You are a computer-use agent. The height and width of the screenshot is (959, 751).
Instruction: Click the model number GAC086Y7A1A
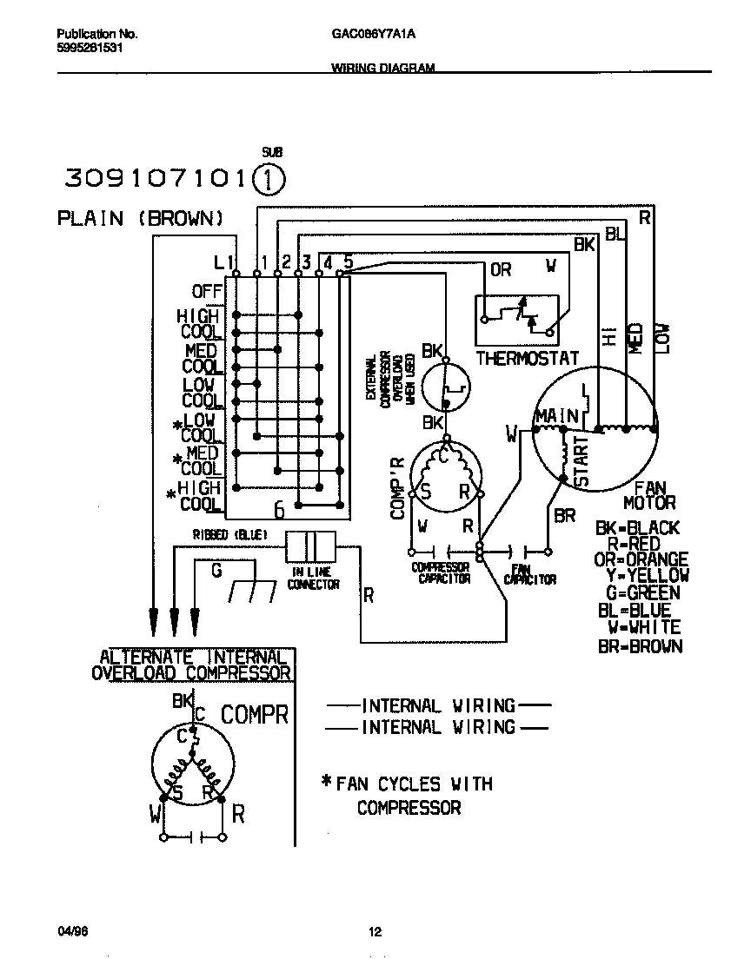pos(375,35)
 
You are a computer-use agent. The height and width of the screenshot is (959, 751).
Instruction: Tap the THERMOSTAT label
pos(527,358)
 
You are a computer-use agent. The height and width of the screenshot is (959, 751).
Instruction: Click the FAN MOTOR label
pos(648,495)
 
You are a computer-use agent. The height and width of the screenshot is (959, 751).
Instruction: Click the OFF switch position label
pos(207,291)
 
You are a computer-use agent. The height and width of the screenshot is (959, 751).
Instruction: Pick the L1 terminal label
pos(223,261)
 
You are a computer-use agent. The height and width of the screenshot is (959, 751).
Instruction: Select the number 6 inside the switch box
pos(279,509)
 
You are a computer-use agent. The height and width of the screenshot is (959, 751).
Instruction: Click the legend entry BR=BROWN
pos(640,646)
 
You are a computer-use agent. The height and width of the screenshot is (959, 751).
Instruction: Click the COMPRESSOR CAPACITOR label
pos(441,573)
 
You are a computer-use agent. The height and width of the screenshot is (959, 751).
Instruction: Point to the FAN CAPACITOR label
pos(529,573)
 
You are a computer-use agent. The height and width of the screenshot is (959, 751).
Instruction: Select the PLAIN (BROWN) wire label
pos(141,218)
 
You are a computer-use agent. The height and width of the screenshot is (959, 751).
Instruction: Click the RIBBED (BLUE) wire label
pos(229,534)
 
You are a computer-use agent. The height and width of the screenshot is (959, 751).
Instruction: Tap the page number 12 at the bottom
pos(375,933)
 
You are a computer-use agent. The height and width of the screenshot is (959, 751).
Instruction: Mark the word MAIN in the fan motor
pos(556,417)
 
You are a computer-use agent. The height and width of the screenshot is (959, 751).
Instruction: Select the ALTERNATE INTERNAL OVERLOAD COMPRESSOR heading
pos(192,665)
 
